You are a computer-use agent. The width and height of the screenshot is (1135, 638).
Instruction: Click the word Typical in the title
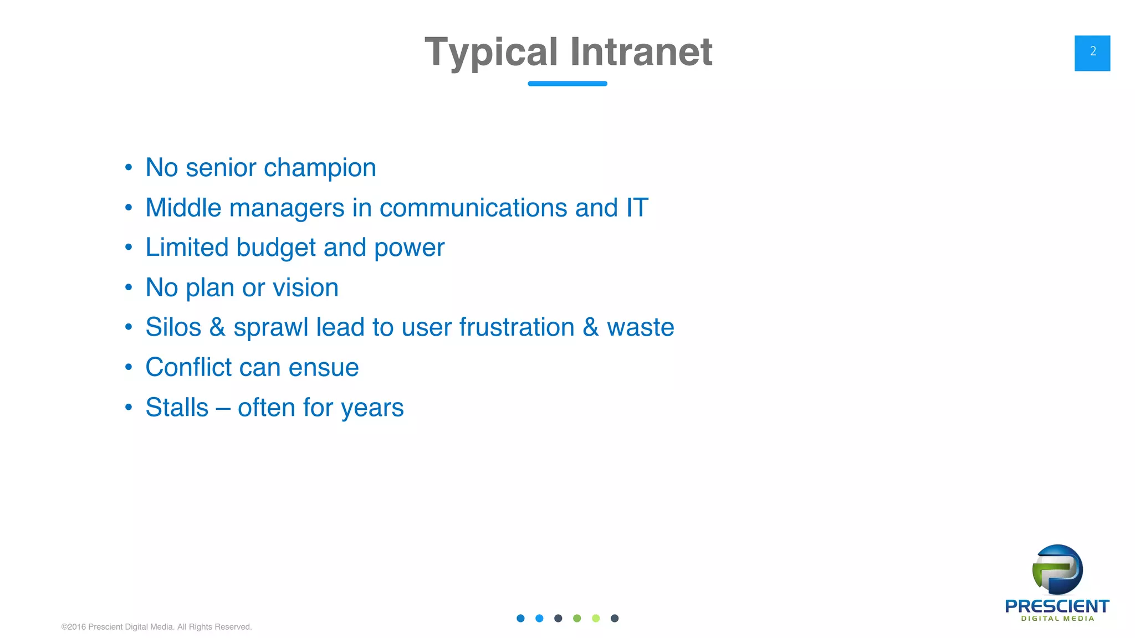491,53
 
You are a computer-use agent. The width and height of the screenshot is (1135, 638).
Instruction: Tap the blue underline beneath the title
567,84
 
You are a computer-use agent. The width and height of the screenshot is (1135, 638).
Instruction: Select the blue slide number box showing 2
1092,53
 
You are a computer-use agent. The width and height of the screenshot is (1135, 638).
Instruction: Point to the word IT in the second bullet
637,208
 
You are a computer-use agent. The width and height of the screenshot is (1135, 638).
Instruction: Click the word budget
275,248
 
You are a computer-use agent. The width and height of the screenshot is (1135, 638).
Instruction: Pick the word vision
305,287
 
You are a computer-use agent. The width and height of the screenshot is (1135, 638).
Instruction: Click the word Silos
173,327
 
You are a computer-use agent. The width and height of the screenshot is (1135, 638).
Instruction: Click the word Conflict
188,367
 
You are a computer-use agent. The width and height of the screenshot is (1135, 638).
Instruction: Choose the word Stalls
177,408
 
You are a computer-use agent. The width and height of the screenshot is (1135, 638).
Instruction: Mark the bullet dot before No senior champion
129,167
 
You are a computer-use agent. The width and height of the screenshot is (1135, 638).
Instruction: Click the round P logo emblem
1057,570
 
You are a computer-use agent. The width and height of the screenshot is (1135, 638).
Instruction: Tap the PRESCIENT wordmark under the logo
1057,606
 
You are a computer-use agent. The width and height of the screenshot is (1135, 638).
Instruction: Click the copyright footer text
156,627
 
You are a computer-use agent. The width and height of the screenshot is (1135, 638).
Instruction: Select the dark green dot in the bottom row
577,618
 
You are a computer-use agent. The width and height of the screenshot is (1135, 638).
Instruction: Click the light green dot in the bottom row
596,618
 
